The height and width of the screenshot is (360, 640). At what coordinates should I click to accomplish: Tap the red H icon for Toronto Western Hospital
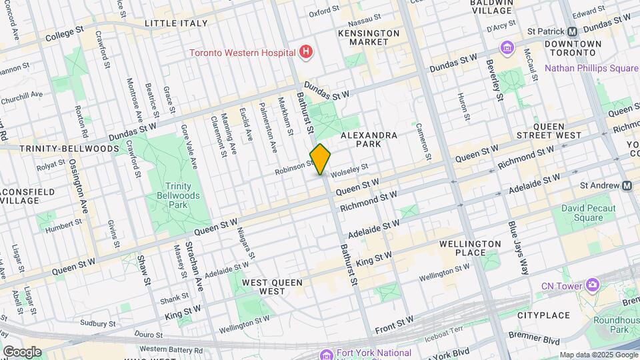pyautogui.click(x=306, y=51)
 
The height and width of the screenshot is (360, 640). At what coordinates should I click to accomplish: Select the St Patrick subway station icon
pyautogui.click(x=572, y=31)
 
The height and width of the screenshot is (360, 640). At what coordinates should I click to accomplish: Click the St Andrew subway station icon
pyautogui.click(x=627, y=185)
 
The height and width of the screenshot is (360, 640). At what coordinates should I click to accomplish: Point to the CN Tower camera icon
pyautogui.click(x=591, y=285)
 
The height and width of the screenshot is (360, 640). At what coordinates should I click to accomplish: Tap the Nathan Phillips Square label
pyautogui.click(x=591, y=67)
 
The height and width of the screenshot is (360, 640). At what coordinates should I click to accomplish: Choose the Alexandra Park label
pyautogui.click(x=369, y=139)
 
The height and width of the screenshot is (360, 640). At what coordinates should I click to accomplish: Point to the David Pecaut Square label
pyautogui.click(x=582, y=213)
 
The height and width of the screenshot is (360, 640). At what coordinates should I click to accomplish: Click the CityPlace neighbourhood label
pyautogui.click(x=539, y=315)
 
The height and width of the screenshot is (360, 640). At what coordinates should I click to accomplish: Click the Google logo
pyautogui.click(x=22, y=352)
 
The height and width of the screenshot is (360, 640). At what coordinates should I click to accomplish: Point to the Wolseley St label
pyautogui.click(x=350, y=169)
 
